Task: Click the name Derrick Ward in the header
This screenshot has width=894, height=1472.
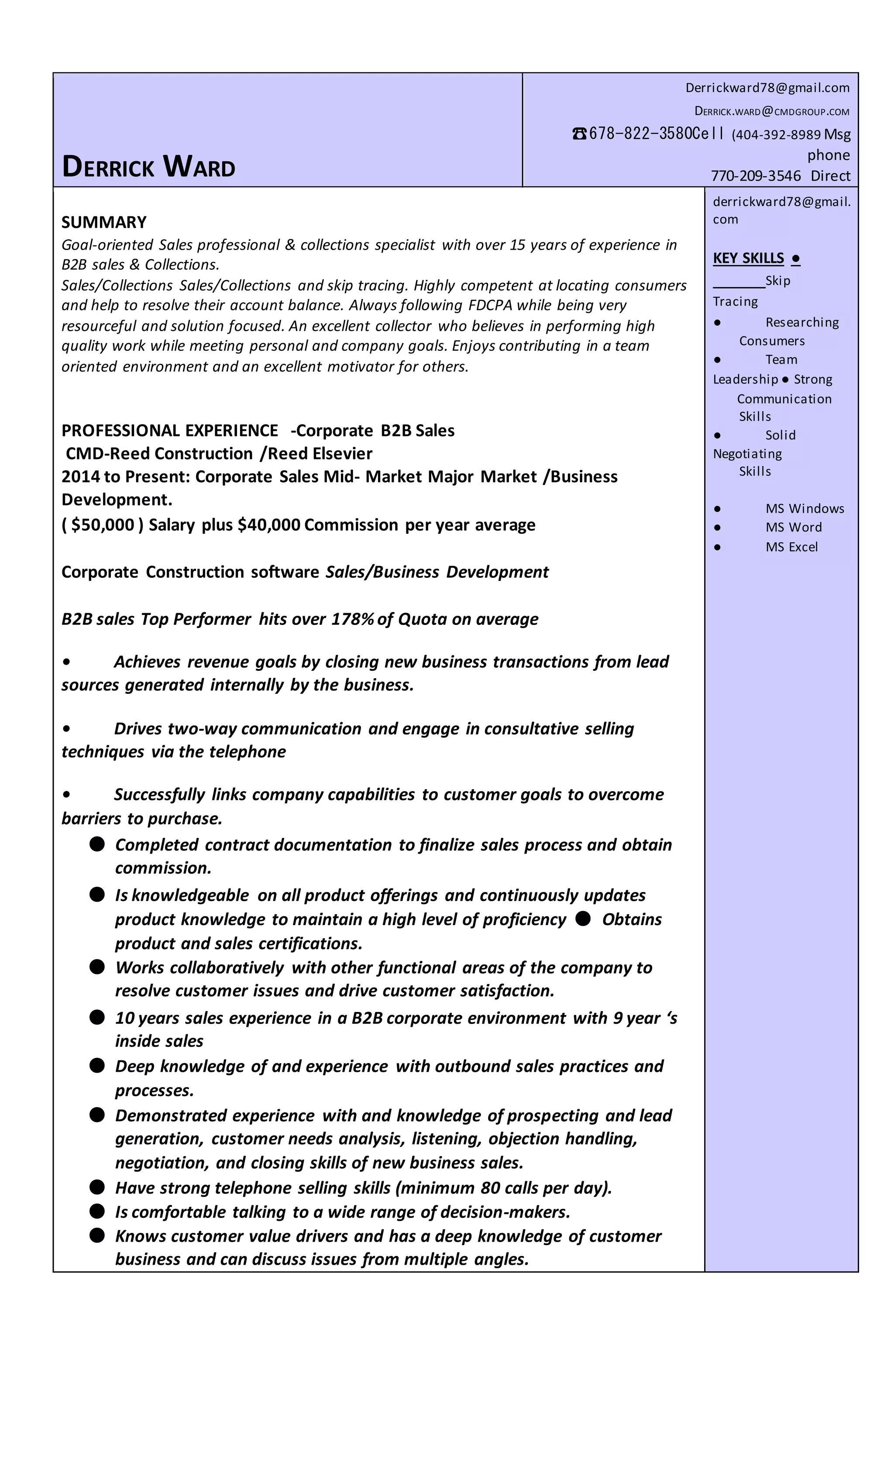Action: pyautogui.click(x=148, y=167)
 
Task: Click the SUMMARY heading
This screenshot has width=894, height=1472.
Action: pyautogui.click(x=103, y=222)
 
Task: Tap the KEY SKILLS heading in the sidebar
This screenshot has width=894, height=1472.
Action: pyautogui.click(x=748, y=258)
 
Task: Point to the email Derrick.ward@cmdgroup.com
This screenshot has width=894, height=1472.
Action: pyautogui.click(x=771, y=111)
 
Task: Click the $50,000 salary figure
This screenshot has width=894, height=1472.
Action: pyautogui.click(x=103, y=525)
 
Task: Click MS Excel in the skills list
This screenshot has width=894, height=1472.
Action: pyautogui.click(x=791, y=547)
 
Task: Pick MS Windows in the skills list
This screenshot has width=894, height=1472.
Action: pyautogui.click(x=805, y=508)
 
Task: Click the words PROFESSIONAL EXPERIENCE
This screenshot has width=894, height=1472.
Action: pyautogui.click(x=170, y=430)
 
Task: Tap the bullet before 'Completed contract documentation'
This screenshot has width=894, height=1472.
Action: pyautogui.click(x=97, y=844)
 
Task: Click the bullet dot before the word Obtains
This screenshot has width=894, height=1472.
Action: pyautogui.click(x=583, y=918)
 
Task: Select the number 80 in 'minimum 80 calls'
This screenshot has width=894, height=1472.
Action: pyautogui.click(x=489, y=1187)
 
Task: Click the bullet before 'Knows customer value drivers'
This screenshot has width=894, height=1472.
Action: pyautogui.click(x=97, y=1235)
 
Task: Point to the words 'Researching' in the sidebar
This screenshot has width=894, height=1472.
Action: pyautogui.click(x=801, y=322)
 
